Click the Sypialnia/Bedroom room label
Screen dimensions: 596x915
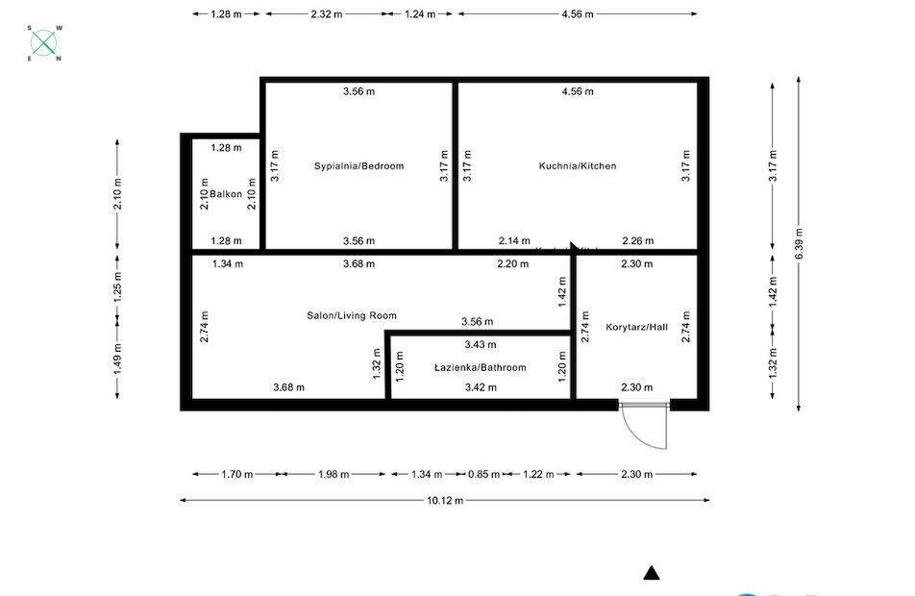point(359,166)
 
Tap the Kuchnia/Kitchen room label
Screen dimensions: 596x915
point(577,166)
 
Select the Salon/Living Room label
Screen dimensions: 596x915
point(351,315)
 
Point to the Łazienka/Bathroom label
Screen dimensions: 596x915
point(480,368)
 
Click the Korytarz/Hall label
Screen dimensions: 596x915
point(636,328)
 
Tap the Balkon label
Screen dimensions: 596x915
point(226,195)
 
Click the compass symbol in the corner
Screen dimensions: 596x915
point(43,43)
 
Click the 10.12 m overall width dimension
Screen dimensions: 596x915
point(445,501)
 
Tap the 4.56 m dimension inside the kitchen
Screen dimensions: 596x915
point(578,92)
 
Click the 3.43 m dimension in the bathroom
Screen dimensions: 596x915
point(480,345)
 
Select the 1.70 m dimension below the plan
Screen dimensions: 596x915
point(236,474)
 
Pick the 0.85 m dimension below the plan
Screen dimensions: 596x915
point(483,474)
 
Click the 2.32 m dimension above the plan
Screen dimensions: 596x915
point(327,14)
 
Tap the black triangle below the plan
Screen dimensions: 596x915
point(652,574)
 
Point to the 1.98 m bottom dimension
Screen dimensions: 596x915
point(333,474)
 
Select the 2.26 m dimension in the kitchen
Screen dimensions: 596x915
point(637,241)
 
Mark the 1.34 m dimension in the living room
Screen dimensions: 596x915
point(227,263)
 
